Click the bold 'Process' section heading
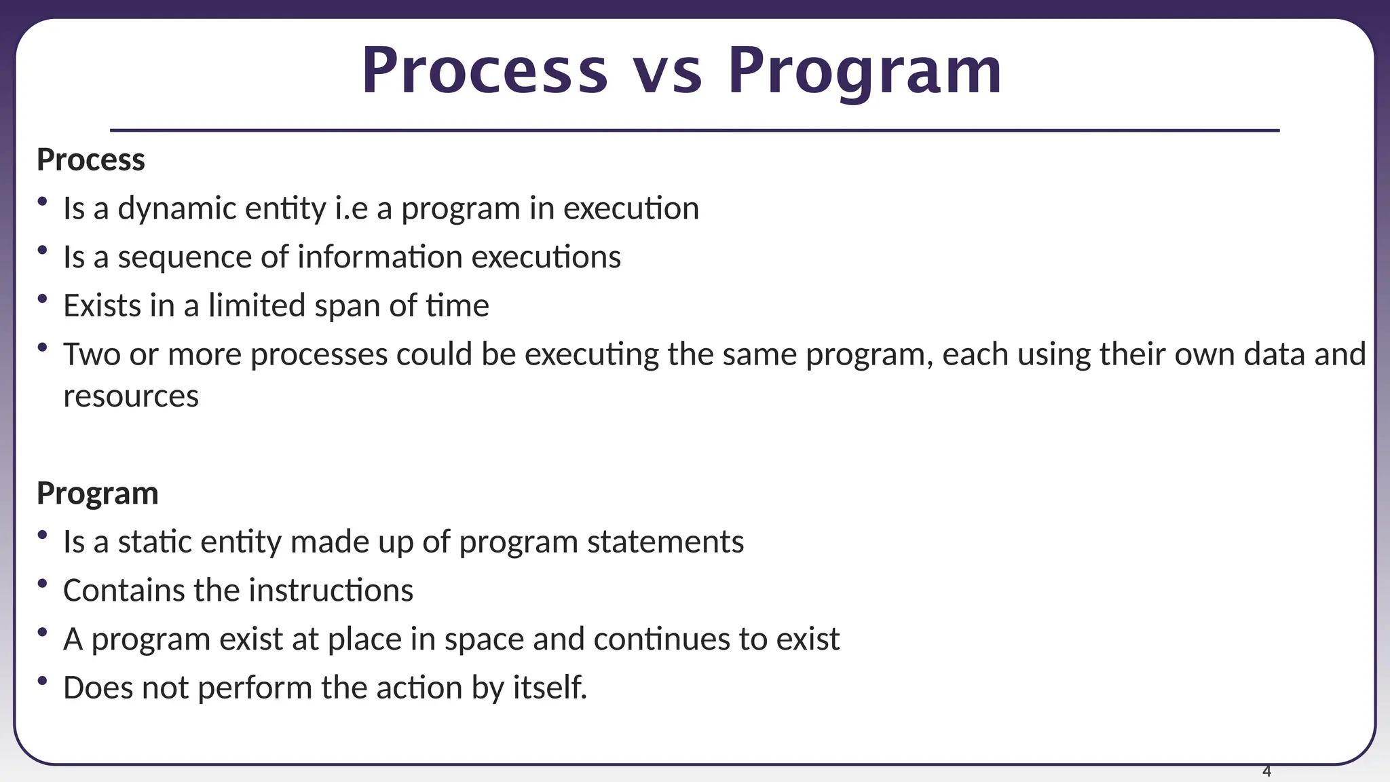tap(91, 160)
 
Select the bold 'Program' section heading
tap(97, 494)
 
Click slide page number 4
tap(1266, 771)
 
